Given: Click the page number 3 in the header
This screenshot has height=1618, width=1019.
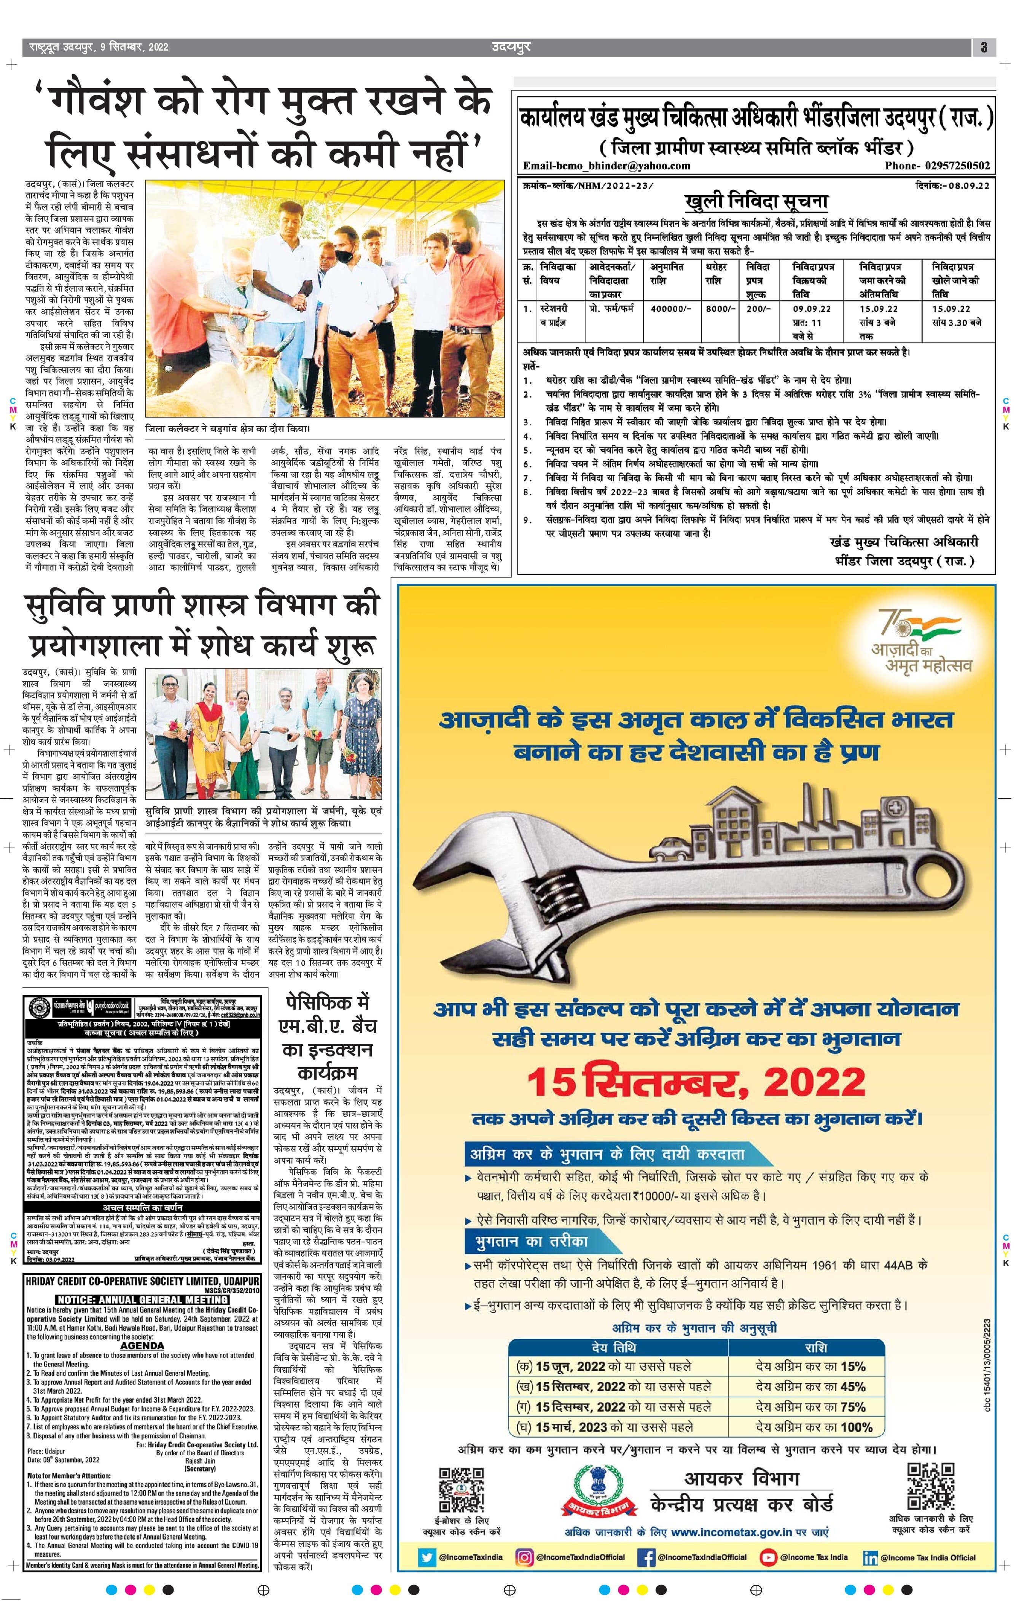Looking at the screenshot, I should coord(983,47).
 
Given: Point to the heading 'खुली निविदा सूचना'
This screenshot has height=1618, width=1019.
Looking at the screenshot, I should coord(756,201).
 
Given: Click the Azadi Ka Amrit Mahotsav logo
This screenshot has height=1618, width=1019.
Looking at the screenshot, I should coord(920,640).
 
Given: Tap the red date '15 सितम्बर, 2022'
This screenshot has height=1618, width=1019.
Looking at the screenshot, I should coord(696,1082).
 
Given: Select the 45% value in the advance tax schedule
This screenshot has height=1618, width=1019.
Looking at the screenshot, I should coord(852,1386).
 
